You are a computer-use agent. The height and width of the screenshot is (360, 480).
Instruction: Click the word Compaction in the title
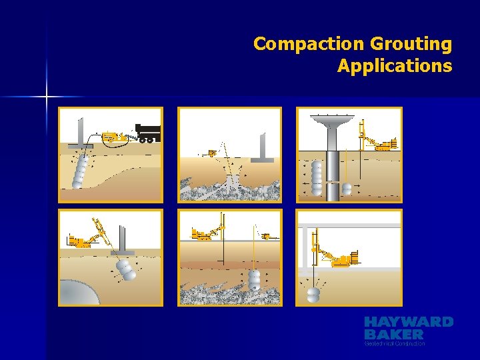(x=298, y=44)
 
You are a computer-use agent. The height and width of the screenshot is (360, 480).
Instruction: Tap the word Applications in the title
(x=394, y=66)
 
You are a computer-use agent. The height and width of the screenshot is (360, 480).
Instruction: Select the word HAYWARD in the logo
(x=408, y=322)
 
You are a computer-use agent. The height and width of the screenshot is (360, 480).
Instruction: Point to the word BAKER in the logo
(x=393, y=333)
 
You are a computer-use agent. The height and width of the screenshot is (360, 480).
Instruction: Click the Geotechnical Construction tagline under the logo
(x=395, y=343)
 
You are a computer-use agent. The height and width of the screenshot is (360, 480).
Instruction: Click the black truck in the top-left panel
(x=147, y=132)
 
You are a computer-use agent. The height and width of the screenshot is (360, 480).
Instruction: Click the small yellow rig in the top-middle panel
(x=212, y=153)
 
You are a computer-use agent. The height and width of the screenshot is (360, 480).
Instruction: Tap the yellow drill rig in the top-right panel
(x=376, y=140)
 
